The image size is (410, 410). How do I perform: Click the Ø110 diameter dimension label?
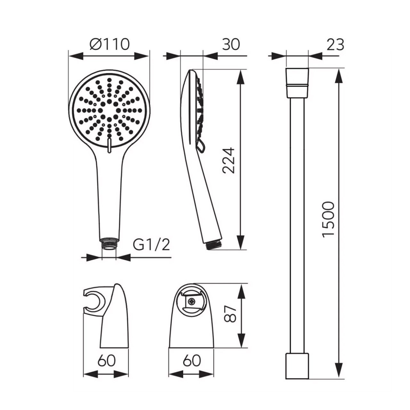tap(109, 45)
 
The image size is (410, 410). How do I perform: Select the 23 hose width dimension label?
tap(335, 45)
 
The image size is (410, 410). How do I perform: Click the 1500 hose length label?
tap(328, 220)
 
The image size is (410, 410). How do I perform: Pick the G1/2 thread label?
tap(151, 245)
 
